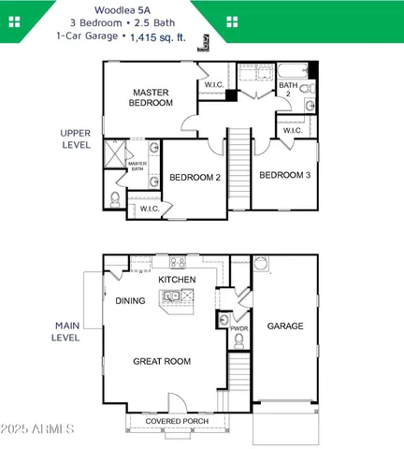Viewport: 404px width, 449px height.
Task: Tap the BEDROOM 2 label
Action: (194, 177)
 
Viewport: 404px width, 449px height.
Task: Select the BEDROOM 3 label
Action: (284, 176)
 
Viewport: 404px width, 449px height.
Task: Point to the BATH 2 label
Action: (288, 91)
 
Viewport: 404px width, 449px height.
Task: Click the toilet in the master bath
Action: (114, 199)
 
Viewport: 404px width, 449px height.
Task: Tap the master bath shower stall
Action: (114, 152)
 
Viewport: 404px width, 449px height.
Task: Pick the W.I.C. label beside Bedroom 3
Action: (293, 130)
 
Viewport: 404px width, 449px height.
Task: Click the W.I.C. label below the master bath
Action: (150, 209)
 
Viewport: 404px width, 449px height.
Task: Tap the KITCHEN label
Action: (177, 280)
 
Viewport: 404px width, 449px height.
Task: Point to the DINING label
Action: (130, 301)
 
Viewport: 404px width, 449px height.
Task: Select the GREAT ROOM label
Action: (161, 361)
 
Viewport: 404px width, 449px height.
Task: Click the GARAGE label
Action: (285, 326)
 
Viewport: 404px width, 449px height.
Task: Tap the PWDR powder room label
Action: (238, 328)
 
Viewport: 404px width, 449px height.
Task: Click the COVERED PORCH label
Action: (177, 422)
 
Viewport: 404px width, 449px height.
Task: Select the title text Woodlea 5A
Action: (202, 7)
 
